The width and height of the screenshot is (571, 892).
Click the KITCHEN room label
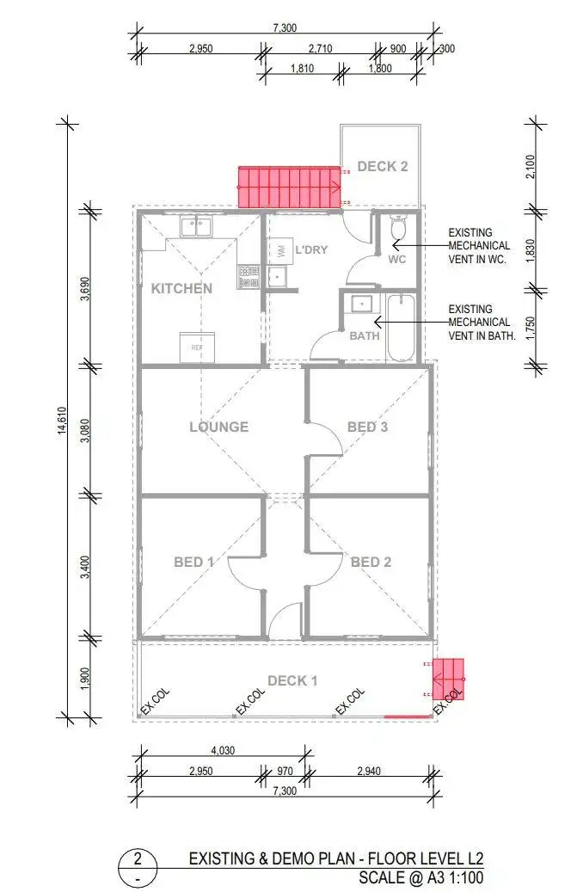coord(181,288)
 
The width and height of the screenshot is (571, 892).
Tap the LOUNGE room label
coord(219,427)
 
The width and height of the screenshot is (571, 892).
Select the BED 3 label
coord(369,427)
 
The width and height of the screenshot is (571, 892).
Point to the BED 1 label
coord(193,562)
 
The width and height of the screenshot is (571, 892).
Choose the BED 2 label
coord(371,562)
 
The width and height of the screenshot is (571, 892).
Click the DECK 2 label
coord(383,166)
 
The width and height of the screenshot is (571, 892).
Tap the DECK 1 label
coord(292,680)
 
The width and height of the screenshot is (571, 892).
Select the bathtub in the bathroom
coord(401,328)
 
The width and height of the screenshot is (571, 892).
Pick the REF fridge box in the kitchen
coord(197,347)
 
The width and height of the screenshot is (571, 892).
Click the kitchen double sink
coord(197,227)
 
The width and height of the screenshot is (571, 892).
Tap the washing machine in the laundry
coord(281,251)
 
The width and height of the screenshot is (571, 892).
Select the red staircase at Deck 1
coord(449,679)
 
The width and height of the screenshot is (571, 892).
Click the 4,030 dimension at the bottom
coord(222,750)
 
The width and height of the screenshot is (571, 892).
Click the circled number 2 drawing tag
coord(138,858)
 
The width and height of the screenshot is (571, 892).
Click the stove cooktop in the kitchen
coord(249,275)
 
